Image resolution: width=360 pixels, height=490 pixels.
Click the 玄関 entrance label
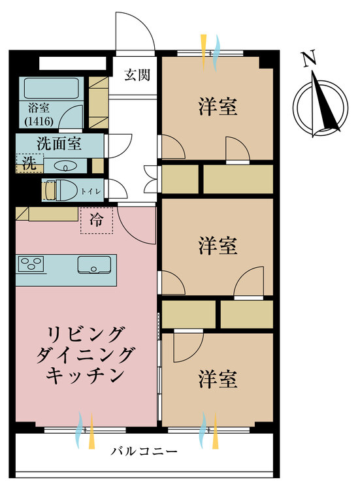tap(137, 74)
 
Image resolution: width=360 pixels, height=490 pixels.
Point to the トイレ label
tap(87, 191)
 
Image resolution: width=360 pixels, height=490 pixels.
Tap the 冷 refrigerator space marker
tap(96, 220)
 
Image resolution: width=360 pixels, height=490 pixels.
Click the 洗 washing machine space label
tap(29, 164)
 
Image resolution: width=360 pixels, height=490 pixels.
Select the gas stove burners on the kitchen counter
tap(30, 265)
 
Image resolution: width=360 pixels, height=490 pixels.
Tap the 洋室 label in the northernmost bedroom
tap(218, 107)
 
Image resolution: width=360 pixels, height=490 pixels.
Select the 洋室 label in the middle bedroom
tap(218, 246)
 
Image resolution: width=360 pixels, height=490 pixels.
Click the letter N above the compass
tap(310, 60)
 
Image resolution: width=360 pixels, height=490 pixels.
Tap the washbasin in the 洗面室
tap(64, 166)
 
